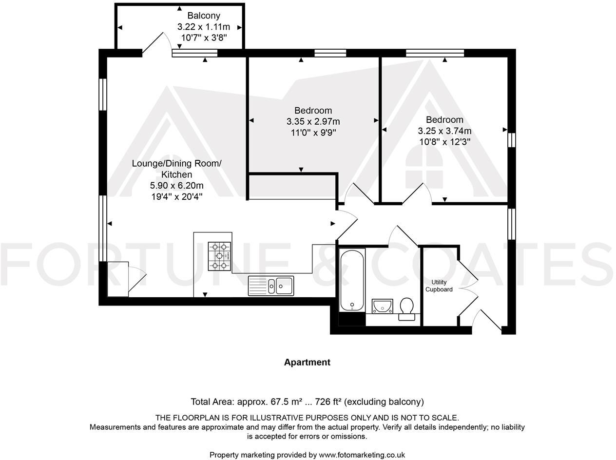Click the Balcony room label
(x=204, y=16)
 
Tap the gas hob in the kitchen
(x=219, y=256)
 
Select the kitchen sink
(x=270, y=286)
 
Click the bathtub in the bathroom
(x=351, y=280)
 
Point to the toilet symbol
(x=406, y=308)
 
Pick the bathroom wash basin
(x=383, y=306)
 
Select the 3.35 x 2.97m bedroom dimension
(x=313, y=121)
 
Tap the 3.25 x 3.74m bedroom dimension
(x=444, y=131)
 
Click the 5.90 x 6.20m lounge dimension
(x=176, y=186)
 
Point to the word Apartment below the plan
(x=307, y=362)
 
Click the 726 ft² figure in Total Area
(x=328, y=402)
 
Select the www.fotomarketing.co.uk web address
(x=362, y=455)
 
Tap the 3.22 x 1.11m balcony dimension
(x=204, y=27)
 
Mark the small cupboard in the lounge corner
(x=117, y=279)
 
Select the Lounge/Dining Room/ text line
(x=176, y=163)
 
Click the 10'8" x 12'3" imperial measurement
(x=444, y=142)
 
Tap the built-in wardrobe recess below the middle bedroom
(x=292, y=187)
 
